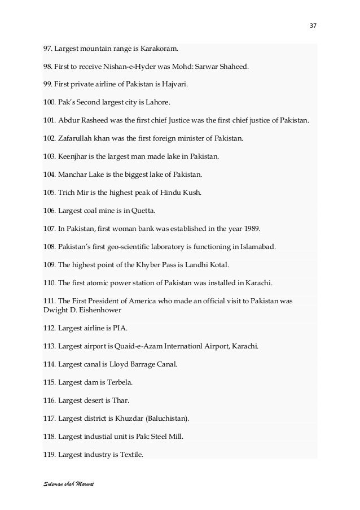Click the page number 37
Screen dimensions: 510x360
coord(313,25)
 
